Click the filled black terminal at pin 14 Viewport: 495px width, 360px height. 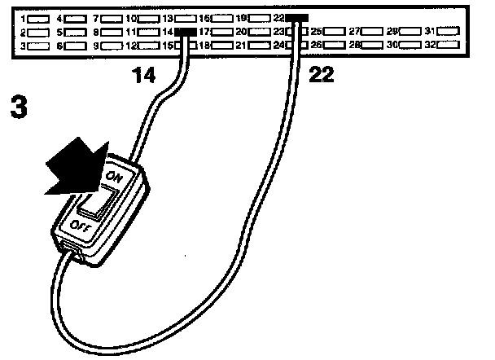coord(186,31)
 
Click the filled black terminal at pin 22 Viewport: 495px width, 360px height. coord(298,17)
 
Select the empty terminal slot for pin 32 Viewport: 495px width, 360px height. coord(450,45)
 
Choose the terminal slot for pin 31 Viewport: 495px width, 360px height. coord(450,31)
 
